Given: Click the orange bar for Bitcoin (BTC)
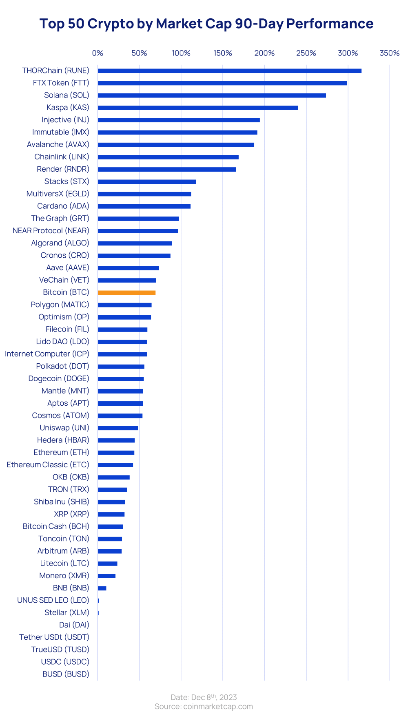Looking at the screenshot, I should coord(126,292).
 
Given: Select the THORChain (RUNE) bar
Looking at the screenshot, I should coord(229,71).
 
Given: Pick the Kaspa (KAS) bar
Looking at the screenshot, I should coord(197,108).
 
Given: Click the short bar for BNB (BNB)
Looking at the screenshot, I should coord(102,588).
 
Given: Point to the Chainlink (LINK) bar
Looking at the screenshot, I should coord(168,157).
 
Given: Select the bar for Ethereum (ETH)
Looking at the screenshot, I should coord(116,453).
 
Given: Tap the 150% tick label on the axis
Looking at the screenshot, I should coord(223,53).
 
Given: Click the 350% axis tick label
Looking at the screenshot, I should coord(389,53).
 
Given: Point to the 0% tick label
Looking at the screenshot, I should coord(98,53).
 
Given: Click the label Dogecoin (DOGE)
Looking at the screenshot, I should coord(59,378).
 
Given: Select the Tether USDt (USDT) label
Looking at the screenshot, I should coord(54,637).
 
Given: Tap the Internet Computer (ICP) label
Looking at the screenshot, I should coord(47,354).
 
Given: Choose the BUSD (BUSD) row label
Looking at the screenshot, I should coord(66,674).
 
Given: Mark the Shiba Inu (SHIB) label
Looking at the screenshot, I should coord(61,502).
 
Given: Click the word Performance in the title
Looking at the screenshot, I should coord(330,24).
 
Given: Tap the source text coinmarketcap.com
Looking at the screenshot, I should coord(218,707).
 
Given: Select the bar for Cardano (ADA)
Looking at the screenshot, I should coord(144,206).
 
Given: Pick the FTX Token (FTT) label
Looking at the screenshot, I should coord(61,83).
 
